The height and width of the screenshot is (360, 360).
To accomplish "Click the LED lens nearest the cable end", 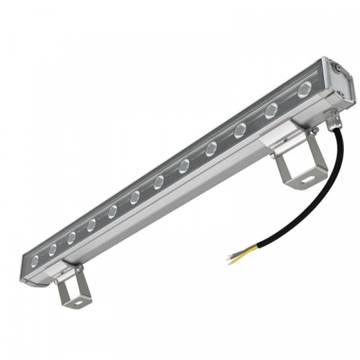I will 304,90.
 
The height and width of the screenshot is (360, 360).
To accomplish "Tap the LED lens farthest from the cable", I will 35,260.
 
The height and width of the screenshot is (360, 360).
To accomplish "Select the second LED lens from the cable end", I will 271,110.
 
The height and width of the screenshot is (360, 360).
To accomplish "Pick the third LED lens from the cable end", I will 240,130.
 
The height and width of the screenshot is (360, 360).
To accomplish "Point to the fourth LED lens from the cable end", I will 211,149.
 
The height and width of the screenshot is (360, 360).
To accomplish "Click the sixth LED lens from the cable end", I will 158,182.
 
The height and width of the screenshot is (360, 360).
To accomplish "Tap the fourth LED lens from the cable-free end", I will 91,225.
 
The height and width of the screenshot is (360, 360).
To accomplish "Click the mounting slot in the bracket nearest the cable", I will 307,179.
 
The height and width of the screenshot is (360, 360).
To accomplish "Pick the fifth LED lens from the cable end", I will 184,166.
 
